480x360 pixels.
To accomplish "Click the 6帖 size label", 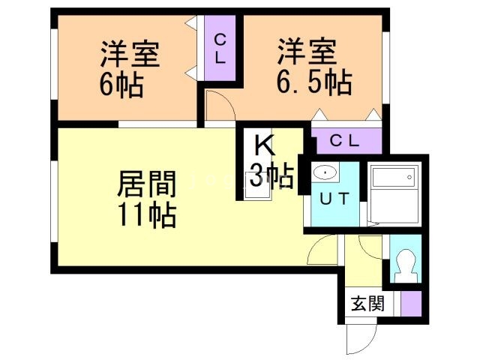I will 121,83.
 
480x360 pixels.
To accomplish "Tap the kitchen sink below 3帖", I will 256,193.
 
